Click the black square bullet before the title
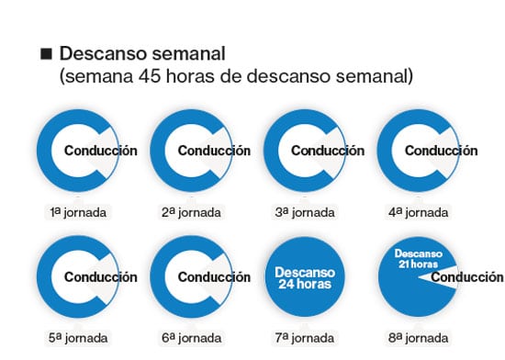(46, 53)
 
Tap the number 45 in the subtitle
(149, 76)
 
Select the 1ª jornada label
(78, 212)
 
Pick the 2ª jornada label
(191, 212)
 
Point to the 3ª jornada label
(305, 212)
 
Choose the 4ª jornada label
(418, 212)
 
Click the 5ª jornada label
(78, 338)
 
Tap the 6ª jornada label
(191, 338)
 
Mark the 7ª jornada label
(305, 338)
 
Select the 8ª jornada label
(418, 338)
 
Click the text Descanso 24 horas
(305, 278)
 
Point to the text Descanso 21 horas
(419, 259)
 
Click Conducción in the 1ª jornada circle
(101, 151)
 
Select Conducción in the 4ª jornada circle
(442, 151)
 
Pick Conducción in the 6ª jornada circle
(214, 277)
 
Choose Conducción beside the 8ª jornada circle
(467, 277)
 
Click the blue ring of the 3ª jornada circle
(271, 151)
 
